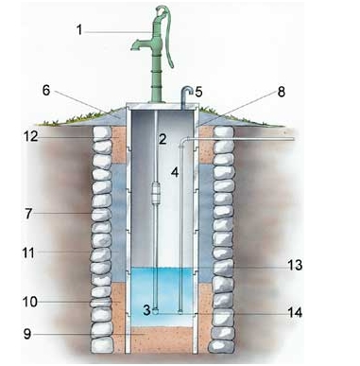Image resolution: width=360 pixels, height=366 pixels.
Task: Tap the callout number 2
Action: tap(163, 139)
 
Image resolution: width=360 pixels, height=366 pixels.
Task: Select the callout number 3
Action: tap(146, 309)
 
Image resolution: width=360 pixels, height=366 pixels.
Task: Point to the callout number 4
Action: tap(175, 173)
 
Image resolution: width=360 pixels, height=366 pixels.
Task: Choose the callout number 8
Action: tap(281, 93)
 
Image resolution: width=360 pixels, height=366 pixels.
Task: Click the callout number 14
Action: tap(295, 312)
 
